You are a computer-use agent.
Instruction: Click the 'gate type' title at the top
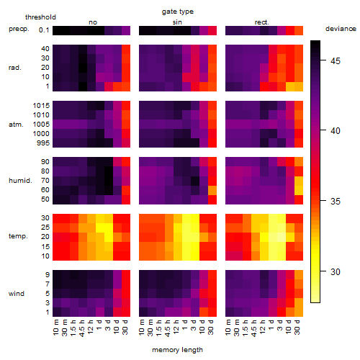point(178,12)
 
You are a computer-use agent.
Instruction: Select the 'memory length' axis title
point(177,350)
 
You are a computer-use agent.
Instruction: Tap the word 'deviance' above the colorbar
point(341,29)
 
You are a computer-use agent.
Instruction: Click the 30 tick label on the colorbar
point(336,272)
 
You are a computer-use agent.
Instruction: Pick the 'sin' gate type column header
point(177,22)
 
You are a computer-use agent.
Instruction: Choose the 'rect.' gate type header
point(261,22)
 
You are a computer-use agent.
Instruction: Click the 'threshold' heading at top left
point(40,17)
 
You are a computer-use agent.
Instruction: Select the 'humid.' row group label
point(20,181)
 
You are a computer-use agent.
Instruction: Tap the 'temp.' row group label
point(18,236)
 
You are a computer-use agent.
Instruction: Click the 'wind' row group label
point(17,294)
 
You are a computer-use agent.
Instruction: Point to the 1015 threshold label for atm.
point(41,106)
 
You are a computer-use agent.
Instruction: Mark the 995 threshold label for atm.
point(43,143)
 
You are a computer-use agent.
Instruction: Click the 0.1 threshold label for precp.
point(44,30)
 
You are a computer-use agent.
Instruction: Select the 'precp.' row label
point(19,29)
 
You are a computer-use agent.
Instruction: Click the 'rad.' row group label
point(15,68)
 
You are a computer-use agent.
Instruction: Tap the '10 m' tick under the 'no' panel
point(56,328)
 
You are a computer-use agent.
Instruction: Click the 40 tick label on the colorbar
point(336,131)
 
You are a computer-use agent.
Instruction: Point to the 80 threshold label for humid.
point(45,171)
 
